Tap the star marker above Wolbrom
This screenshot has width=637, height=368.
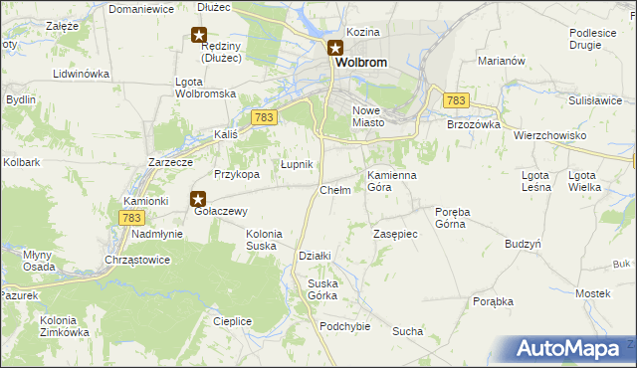[x=336, y=47]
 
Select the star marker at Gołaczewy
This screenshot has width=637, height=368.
[x=198, y=198]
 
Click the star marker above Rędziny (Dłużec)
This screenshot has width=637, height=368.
[x=198, y=35]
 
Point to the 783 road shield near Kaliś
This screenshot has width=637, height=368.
[x=263, y=117]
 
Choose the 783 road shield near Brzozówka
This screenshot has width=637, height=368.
[x=456, y=100]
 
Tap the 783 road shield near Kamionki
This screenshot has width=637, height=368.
[x=131, y=217]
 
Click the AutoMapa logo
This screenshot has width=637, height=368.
[x=569, y=349]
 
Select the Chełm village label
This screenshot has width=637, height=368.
[x=335, y=190]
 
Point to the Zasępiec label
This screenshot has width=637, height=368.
[x=394, y=233]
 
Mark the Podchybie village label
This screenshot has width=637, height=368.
[x=345, y=326]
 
